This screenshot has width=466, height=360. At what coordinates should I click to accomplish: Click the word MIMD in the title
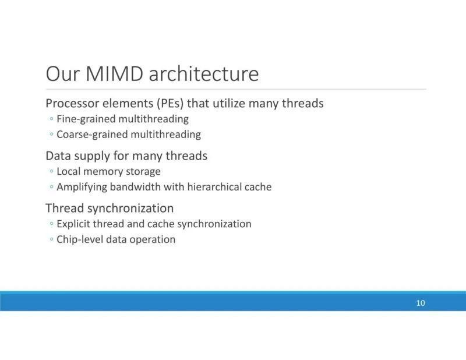[114, 73]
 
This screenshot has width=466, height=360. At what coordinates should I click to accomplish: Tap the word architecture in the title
[203, 73]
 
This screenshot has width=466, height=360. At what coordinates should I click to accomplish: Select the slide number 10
[421, 303]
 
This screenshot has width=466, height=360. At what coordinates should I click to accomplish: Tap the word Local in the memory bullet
[68, 171]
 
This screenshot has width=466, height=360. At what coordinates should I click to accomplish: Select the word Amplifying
[82, 188]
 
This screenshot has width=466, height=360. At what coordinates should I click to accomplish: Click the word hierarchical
[214, 187]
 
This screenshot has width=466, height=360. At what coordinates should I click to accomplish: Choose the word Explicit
[73, 224]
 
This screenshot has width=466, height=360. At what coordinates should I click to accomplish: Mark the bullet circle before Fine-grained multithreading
[52, 119]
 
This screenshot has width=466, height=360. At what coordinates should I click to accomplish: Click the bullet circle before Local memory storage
[52, 171]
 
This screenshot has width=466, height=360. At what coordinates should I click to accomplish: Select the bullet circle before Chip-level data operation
[52, 239]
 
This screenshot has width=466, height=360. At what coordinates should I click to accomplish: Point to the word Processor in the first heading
[72, 104]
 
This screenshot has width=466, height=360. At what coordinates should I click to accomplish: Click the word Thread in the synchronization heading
[65, 208]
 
